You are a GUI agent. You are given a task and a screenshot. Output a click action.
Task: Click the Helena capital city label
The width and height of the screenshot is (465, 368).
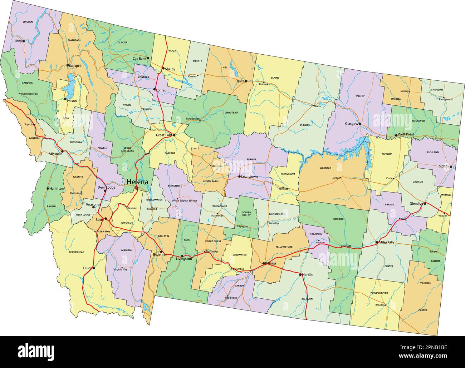coord(137,182)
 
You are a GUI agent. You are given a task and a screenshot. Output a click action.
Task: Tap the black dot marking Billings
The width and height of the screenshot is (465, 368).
coord(264,263)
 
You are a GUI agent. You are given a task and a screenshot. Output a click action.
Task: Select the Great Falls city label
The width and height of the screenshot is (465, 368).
coord(164,135)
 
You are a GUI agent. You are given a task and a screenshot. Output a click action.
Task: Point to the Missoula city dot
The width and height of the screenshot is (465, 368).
coord(63,151)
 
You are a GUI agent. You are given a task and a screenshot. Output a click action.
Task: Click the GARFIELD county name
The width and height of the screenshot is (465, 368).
coord(325,168)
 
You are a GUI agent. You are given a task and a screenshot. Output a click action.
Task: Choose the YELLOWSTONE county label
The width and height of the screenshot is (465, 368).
coord(284,247)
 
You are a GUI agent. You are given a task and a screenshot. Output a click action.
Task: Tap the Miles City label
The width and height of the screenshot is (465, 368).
coord(386,243)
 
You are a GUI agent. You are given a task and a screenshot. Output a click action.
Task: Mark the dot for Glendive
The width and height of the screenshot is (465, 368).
coord(425,204)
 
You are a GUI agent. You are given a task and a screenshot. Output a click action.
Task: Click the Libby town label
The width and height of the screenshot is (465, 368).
coord(18,41)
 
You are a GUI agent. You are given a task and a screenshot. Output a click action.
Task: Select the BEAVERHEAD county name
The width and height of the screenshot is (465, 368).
coord(77,252)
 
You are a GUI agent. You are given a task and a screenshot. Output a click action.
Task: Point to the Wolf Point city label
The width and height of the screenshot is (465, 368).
coord(406,135)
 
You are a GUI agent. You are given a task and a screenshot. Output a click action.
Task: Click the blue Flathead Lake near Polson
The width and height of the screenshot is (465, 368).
coord(70,86)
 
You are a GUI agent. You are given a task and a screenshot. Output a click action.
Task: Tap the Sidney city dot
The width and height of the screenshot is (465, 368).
coord(451,166)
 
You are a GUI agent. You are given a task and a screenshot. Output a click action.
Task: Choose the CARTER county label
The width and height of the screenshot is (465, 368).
coord(422,310)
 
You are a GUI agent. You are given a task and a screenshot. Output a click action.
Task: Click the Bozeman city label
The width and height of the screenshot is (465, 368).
coord(160,254)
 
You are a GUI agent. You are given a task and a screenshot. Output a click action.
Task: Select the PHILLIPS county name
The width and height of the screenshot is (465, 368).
coord(305,125)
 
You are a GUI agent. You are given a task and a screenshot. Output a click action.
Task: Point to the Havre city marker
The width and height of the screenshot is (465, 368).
coord(246,81)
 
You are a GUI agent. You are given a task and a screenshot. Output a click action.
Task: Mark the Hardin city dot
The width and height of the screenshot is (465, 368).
coord(300,274)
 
